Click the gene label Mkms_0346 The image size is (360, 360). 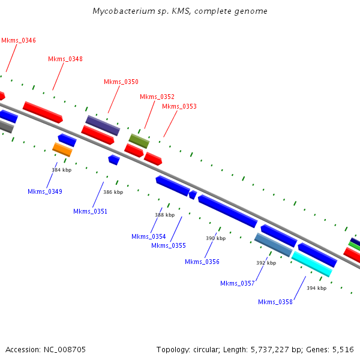pos(19,40)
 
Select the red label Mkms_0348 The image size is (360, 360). pos(65,59)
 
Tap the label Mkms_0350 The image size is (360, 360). pos(121,82)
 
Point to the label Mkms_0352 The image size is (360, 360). pos(157,97)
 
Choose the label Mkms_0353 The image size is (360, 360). pos(179,106)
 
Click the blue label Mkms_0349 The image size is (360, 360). pos(45,191)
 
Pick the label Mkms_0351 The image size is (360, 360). pos(90,211)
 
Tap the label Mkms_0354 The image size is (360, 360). pos(148,236)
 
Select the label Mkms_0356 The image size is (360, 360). pos(202,262)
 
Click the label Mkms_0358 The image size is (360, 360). pos(275,302)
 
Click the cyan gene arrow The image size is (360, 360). pos(311,264)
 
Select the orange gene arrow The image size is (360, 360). pos(62,149)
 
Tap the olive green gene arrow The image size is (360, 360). pos(139,142)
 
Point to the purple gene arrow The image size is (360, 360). pos(103,125)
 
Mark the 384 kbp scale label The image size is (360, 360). pos(62,170)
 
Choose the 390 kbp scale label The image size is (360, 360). pos(215,238)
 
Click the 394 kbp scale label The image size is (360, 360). pos(316,288)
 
